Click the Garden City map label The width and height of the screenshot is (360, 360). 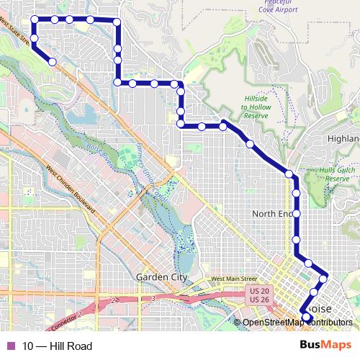click(x=161, y=277)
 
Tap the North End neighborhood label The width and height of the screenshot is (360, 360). click(x=274, y=214)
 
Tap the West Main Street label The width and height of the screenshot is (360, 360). click(x=234, y=279)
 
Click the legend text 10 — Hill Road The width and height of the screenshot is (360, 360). click(x=57, y=346)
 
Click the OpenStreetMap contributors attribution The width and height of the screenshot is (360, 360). click(x=297, y=323)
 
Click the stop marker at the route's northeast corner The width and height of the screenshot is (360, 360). click(x=117, y=23)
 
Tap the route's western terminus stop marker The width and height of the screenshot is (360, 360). click(x=53, y=62)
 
